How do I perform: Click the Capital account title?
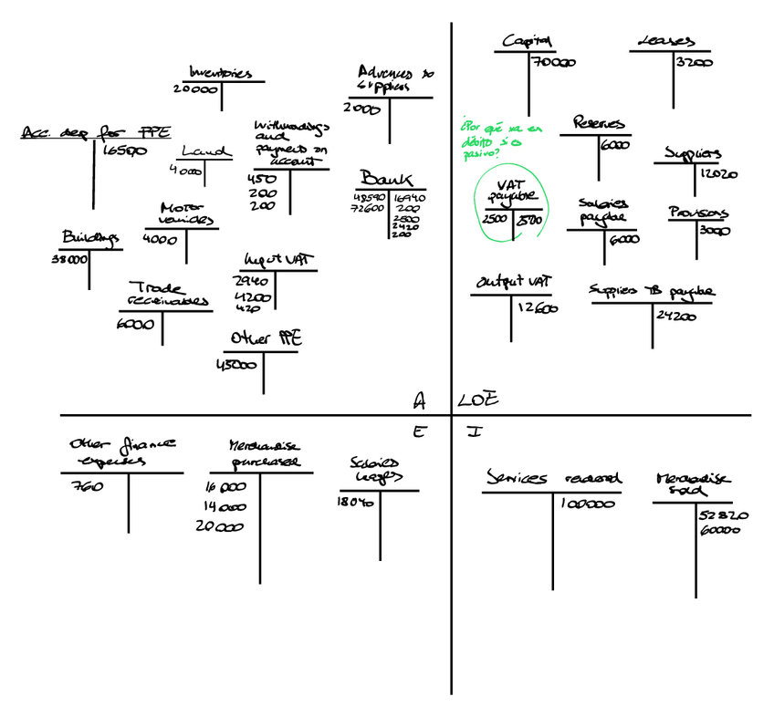pos(528,41)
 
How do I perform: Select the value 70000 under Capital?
pos(555,63)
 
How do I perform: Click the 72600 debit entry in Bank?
pos(369,210)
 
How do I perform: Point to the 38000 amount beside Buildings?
pos(70,259)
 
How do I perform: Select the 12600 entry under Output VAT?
pos(538,308)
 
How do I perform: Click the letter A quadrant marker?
pos(420,400)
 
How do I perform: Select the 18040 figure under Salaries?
pos(357,502)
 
